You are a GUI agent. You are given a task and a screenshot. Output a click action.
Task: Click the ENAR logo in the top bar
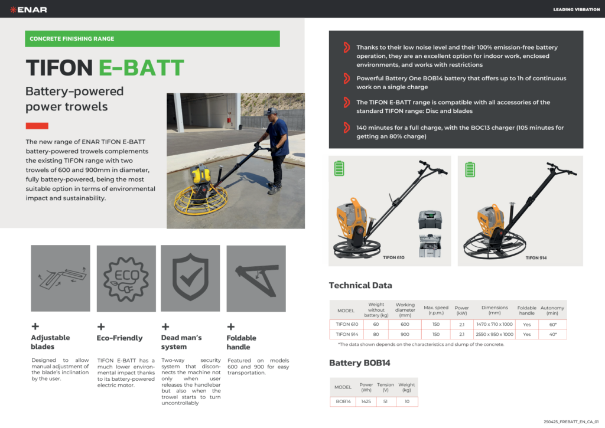(x=28, y=9)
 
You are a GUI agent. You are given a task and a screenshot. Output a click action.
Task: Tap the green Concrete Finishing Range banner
(x=152, y=38)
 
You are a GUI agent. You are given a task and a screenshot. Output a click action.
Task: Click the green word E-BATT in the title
(x=141, y=68)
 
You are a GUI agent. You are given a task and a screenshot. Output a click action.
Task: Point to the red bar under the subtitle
(x=37, y=126)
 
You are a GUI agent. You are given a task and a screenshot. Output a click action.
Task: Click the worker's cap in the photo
(x=272, y=112)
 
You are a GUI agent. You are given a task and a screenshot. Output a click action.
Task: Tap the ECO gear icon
(x=126, y=279)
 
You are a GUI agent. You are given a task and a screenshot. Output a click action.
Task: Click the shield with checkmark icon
(x=190, y=276)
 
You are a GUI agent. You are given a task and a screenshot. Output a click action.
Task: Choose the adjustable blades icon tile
(x=61, y=278)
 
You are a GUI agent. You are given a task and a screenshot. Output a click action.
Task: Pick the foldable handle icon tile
(x=256, y=279)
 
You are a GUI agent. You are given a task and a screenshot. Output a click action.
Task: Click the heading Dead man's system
(x=181, y=342)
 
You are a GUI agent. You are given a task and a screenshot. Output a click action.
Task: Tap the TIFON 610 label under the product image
(x=393, y=257)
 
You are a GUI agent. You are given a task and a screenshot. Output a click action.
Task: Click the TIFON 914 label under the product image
(x=536, y=258)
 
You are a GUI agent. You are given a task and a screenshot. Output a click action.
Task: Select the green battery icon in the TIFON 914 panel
(x=470, y=169)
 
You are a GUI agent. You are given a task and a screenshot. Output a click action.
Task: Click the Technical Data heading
(x=360, y=285)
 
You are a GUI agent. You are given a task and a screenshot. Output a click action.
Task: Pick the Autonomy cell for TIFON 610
(x=552, y=325)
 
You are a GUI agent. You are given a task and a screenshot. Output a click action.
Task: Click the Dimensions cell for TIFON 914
(x=495, y=334)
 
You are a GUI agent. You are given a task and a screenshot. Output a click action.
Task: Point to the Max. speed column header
(x=436, y=310)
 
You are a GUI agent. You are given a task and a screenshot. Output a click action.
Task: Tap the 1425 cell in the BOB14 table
(x=366, y=401)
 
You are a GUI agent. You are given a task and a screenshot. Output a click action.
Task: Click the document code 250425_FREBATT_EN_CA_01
(x=571, y=422)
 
